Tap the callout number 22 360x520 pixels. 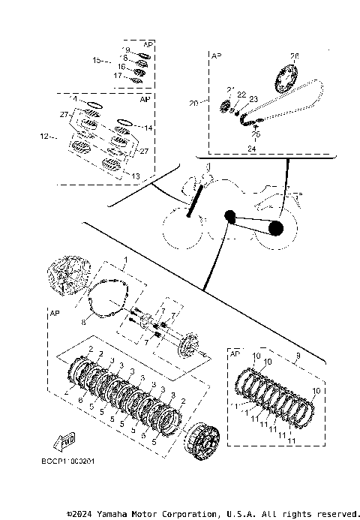[242, 94]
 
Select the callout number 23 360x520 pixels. [253, 98]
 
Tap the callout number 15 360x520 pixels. [97, 59]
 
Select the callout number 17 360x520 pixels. [117, 75]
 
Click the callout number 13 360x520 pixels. [135, 176]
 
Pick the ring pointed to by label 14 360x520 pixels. [124, 122]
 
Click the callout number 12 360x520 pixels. [44, 137]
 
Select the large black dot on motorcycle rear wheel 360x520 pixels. [276, 228]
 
